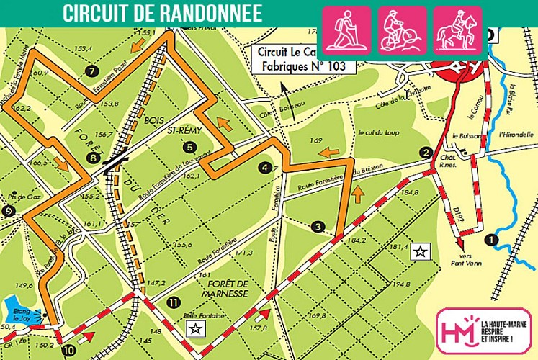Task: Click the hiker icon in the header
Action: [346, 30]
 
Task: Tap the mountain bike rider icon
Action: [403, 30]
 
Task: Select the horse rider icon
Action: [458, 30]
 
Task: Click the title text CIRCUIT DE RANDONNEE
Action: [161, 13]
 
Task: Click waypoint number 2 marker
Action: [426, 153]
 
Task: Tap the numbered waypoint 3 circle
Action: [319, 227]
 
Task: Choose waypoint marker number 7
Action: [91, 71]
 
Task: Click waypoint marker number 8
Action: [92, 158]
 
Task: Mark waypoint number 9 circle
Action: [8, 211]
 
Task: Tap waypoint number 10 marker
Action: [68, 351]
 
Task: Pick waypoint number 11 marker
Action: [171, 301]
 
